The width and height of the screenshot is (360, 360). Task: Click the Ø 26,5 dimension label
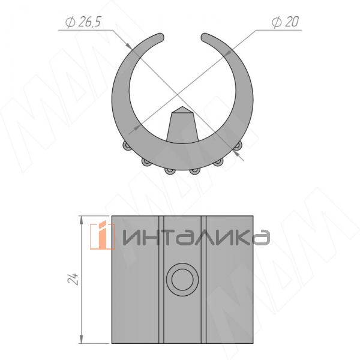pyautogui.click(x=83, y=22)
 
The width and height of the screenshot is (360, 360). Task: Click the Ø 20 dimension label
pyautogui.click(x=286, y=22)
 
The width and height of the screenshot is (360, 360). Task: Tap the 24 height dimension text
pyautogui.click(x=73, y=279)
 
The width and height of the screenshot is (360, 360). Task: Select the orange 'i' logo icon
pyautogui.click(x=102, y=235)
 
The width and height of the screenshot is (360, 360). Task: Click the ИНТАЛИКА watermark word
pyautogui.click(x=196, y=237)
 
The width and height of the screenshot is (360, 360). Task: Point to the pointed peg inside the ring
pyautogui.click(x=182, y=124)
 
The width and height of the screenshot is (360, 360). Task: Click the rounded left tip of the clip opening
pyautogui.click(x=160, y=37)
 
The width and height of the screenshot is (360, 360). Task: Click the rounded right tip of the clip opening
pyautogui.click(x=205, y=37)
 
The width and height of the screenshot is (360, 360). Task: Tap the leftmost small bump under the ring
pyautogui.click(x=127, y=146)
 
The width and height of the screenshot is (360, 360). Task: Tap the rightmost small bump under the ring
pyautogui.click(x=238, y=146)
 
